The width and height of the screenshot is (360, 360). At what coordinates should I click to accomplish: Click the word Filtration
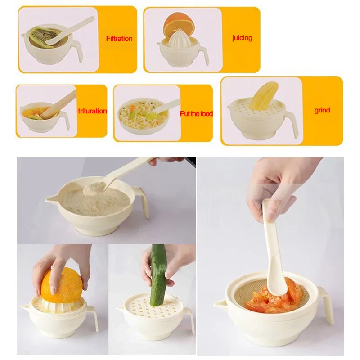pos(119,39)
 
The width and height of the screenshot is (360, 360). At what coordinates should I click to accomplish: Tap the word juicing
pos(242,38)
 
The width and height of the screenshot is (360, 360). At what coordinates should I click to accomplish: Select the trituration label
pos(92,111)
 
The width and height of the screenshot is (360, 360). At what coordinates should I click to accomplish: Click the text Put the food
pos(196,114)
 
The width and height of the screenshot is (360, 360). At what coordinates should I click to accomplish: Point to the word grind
pos(322,110)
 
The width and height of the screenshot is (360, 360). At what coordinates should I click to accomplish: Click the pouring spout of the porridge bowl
pos(49,198)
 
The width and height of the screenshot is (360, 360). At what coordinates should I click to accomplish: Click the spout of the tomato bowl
pos(219,303)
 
